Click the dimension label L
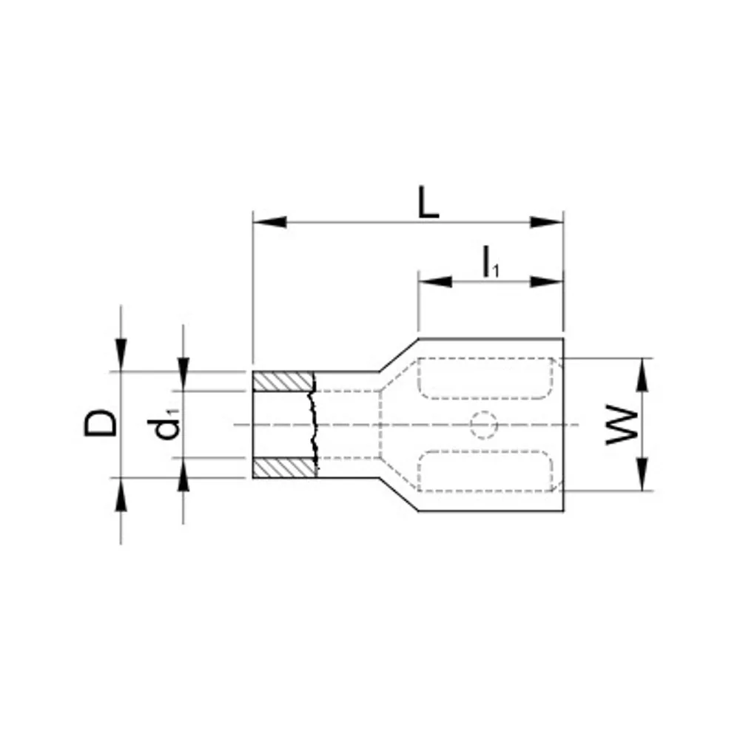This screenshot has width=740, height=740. (428, 203)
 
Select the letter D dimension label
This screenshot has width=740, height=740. (100, 423)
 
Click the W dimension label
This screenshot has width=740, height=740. (622, 424)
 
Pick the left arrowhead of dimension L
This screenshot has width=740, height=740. (269, 222)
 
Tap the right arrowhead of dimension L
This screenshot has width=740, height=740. (547, 222)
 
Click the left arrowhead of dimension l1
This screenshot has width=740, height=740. (435, 282)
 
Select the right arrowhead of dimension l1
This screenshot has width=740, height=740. (547, 282)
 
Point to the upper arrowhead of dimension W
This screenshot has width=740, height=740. (642, 374)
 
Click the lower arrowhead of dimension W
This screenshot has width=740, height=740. (642, 474)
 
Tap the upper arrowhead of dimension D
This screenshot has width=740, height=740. (121, 355)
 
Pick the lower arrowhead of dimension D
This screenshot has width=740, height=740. (121, 494)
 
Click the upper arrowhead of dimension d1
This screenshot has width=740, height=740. (184, 374)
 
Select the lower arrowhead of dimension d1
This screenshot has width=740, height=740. (184, 474)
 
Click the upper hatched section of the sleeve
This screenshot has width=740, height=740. (283, 381)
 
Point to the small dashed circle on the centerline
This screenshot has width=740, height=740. (484, 425)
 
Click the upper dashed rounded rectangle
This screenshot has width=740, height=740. (485, 378)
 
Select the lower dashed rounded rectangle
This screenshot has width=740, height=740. (485, 471)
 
